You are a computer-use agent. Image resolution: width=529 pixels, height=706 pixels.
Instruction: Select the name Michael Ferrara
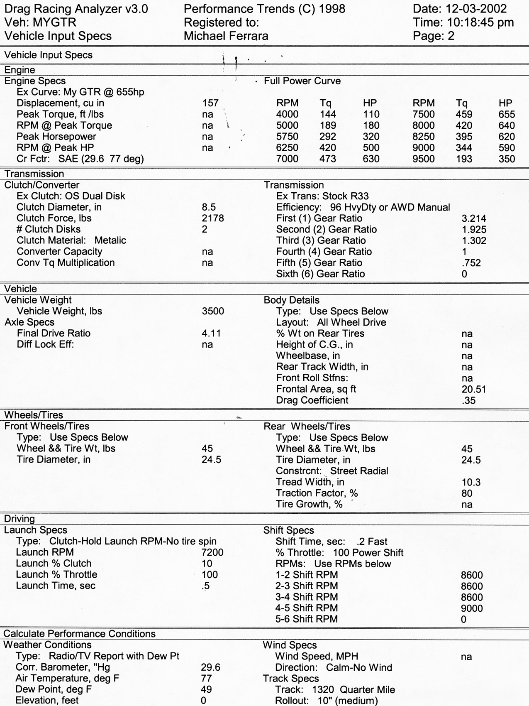(226, 36)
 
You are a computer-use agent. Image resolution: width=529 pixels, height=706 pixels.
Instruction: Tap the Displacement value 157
(210, 103)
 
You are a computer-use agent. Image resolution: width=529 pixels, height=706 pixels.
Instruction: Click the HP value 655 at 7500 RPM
(507, 114)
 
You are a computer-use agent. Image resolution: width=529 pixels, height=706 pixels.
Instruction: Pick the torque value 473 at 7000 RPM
(328, 159)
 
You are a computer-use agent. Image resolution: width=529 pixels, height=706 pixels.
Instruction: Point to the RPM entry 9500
(424, 159)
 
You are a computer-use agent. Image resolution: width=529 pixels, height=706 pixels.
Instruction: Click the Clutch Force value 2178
(213, 218)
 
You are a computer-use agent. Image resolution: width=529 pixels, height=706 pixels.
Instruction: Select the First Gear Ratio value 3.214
(474, 218)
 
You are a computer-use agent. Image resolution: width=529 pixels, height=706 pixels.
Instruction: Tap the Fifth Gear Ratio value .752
(471, 263)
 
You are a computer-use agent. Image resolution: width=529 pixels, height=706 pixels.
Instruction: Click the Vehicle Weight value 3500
(213, 311)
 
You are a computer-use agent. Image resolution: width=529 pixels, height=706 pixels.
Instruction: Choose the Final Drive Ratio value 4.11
(211, 333)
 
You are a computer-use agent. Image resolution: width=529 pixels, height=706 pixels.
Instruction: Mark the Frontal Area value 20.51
(473, 389)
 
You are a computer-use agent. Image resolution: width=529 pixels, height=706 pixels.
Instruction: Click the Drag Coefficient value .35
(468, 400)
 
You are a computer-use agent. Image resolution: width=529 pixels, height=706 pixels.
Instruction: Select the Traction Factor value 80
(467, 493)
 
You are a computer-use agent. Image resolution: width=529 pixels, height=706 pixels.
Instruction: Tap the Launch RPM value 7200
(212, 552)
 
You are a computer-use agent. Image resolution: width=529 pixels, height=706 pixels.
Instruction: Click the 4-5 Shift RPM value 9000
(472, 608)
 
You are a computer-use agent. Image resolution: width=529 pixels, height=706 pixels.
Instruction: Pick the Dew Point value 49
(206, 689)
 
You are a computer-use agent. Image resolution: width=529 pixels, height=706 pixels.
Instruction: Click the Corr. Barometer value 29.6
(210, 667)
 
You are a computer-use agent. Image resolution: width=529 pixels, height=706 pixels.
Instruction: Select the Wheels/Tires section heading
(34, 415)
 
